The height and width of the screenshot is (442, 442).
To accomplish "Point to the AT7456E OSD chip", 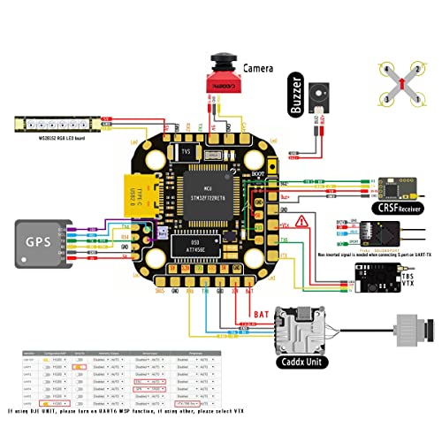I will [210, 247].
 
